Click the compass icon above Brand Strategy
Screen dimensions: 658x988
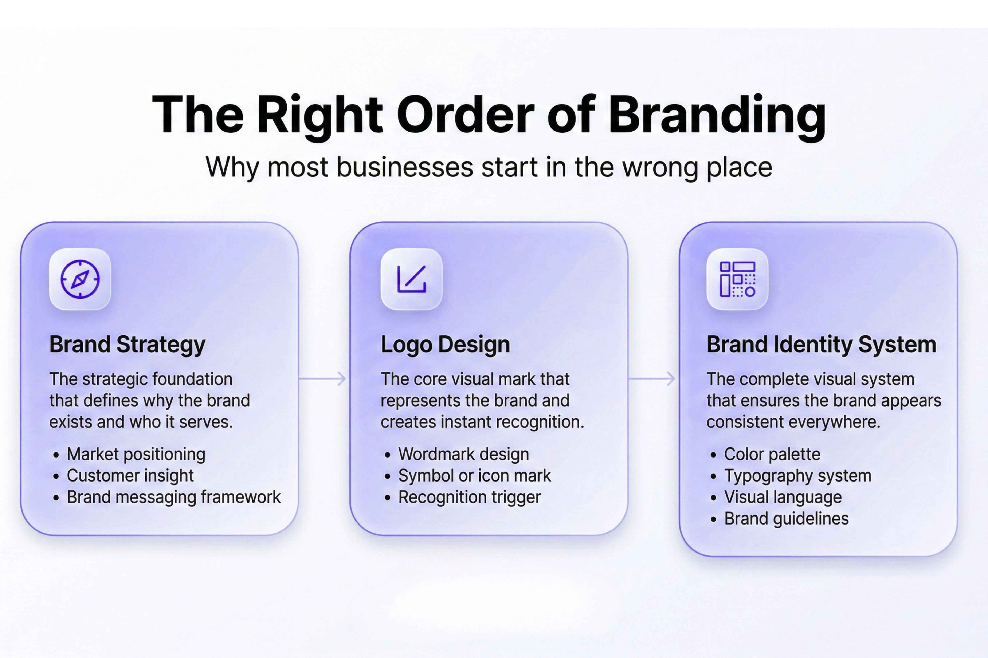click(80, 279)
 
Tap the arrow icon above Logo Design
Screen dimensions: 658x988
click(412, 279)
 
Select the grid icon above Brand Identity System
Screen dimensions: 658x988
click(737, 279)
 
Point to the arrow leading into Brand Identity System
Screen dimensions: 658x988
click(652, 379)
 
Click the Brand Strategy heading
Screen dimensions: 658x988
click(127, 344)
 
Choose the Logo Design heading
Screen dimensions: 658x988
click(445, 344)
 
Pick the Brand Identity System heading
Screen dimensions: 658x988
click(821, 344)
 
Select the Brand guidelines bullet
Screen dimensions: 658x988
click(786, 519)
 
